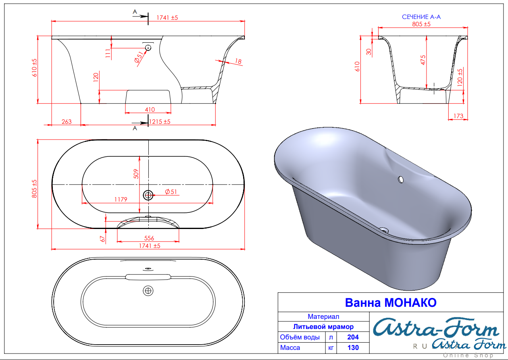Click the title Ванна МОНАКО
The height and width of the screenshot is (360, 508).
391,302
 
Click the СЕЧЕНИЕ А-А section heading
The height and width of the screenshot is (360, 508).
421,17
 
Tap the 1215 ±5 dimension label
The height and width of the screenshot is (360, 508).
160,121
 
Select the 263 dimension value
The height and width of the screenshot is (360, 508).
67,122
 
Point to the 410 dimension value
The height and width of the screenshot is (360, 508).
150,110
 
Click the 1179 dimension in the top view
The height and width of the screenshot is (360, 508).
121,199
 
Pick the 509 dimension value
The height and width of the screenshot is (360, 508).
136,174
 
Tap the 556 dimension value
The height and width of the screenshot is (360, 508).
149,238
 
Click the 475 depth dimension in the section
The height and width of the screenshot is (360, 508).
423,60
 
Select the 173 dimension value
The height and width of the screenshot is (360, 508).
458,116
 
